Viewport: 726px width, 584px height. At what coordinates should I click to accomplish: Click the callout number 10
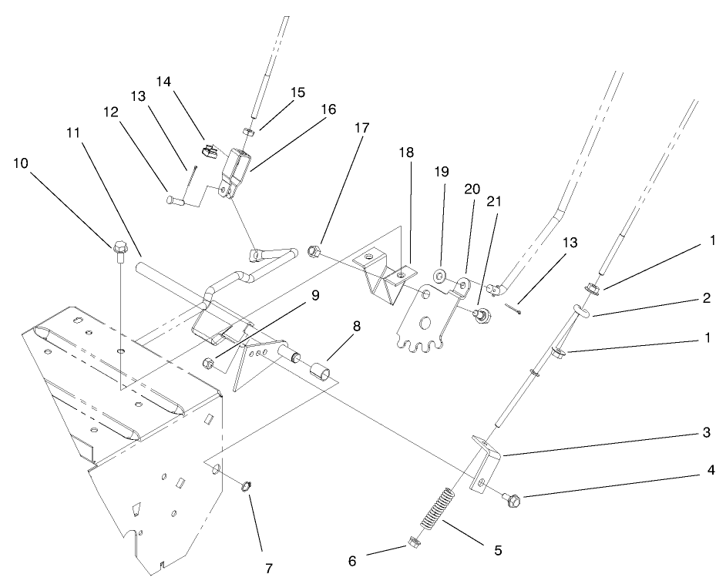tap(23, 163)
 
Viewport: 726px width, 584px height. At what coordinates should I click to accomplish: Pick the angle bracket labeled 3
tap(485, 460)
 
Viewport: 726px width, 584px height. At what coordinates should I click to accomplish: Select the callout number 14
tap(164, 81)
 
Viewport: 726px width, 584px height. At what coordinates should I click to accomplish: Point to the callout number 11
tap(72, 132)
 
